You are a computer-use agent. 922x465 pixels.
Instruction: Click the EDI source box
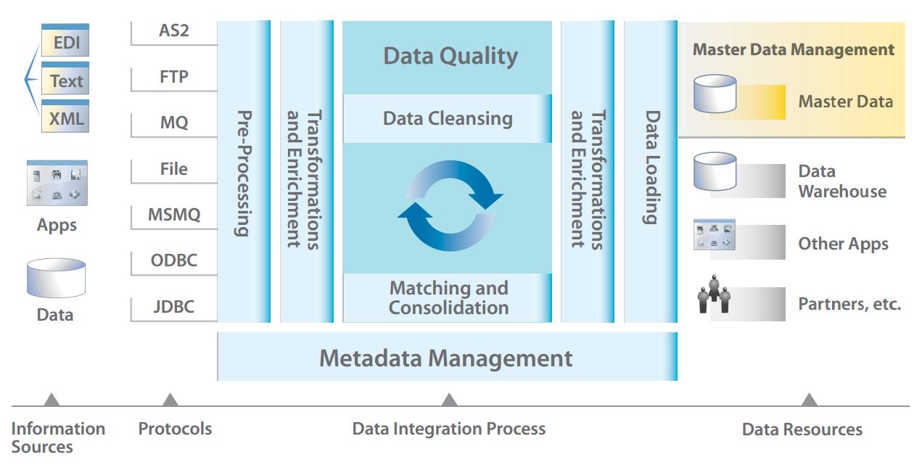[65, 40]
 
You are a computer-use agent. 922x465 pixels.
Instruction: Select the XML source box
[65, 116]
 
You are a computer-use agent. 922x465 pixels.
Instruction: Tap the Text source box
[65, 78]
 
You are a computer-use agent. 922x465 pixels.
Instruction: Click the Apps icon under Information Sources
[57, 183]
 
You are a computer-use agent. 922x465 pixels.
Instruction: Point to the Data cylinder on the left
[56, 278]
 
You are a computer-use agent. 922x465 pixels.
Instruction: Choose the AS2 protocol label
[173, 30]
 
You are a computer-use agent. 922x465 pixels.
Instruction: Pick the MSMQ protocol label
[174, 215]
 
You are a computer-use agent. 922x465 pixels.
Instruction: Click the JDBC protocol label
[173, 307]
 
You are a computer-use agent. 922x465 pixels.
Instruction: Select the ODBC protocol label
[173, 260]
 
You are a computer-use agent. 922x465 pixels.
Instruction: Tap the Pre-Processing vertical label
[244, 173]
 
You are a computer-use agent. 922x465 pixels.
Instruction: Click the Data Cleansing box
[448, 118]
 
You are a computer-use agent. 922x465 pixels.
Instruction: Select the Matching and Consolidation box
[448, 297]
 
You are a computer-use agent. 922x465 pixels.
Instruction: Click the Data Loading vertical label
[651, 167]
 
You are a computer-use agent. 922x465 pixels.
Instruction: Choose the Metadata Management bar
[447, 357]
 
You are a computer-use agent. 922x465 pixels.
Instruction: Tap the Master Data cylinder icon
[715, 94]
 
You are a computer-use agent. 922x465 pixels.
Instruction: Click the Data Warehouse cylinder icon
[715, 171]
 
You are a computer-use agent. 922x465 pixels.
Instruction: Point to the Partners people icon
[714, 294]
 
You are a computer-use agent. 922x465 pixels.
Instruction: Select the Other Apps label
[844, 244]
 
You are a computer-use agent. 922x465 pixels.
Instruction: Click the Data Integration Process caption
[448, 429]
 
